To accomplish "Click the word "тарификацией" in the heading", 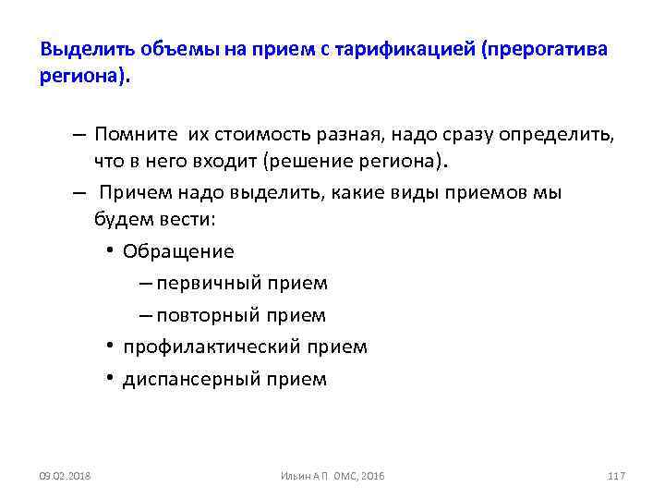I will (x=405, y=49).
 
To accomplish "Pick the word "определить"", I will (x=555, y=135).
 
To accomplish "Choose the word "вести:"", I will (x=185, y=221).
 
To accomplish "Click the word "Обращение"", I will (x=178, y=251).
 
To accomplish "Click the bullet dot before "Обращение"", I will (x=110, y=250).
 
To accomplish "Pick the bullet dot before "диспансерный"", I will (x=110, y=378).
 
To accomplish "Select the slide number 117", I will (x=617, y=475).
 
